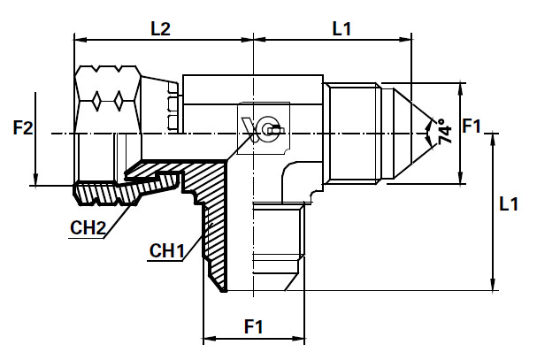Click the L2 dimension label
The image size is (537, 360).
[160, 28]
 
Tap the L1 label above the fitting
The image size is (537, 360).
[342, 28]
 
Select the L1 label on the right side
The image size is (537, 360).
[508, 205]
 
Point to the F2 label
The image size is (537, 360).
[23, 127]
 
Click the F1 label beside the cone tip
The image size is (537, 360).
[472, 127]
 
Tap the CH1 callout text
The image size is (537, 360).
[165, 252]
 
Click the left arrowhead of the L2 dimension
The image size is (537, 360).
[77, 40]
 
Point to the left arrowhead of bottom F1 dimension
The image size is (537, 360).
[208, 339]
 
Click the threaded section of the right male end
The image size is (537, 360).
[358, 133]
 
